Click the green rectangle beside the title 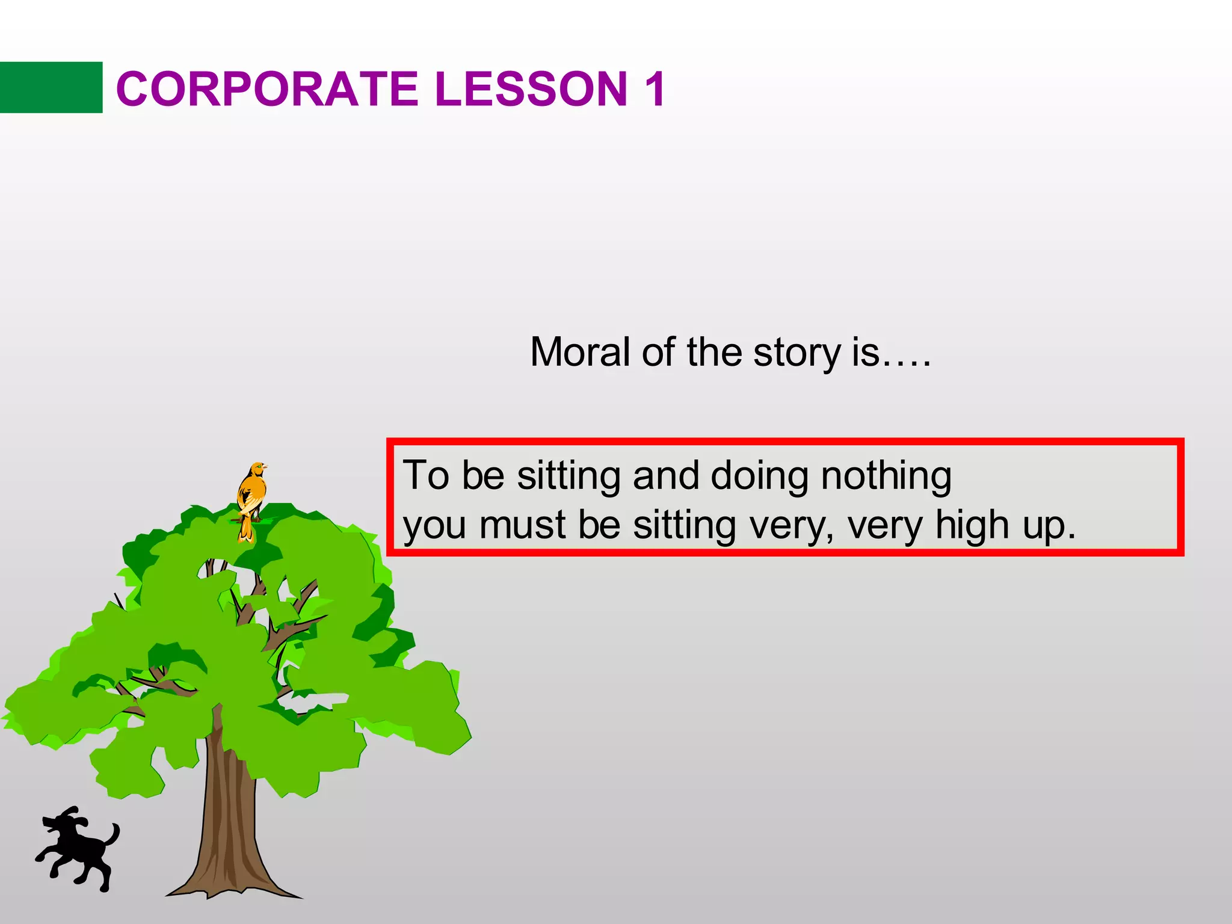pos(51,87)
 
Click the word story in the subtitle pos(796,353)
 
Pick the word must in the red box pos(522,525)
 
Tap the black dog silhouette pos(78,848)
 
